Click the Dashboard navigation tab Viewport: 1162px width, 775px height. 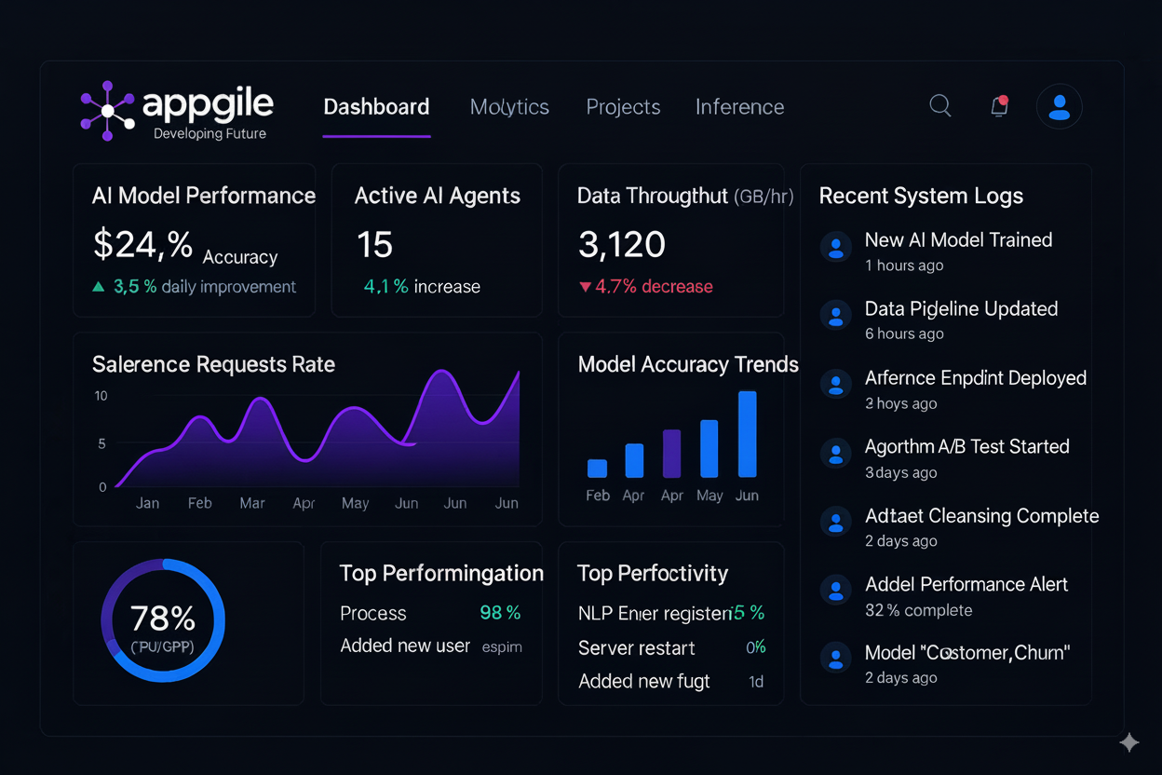tap(376, 107)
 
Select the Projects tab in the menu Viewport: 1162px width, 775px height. tap(623, 107)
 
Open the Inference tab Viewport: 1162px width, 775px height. tap(739, 107)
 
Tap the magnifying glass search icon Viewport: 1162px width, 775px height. tap(940, 105)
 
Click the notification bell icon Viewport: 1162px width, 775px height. tap(999, 106)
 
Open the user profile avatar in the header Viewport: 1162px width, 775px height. tap(1059, 106)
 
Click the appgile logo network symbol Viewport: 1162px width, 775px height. tap(107, 111)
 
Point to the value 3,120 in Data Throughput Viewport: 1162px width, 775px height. tap(621, 245)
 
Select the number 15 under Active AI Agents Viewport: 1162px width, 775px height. tap(374, 245)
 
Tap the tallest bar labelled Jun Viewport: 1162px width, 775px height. tap(747, 434)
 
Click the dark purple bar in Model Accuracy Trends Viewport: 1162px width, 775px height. tap(671, 454)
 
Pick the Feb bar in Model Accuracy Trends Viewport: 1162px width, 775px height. tap(597, 468)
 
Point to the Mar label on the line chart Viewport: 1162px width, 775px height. tap(252, 503)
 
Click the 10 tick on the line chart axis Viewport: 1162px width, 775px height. tap(101, 396)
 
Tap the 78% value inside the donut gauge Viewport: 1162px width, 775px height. tap(163, 619)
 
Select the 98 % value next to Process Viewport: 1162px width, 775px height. tap(500, 613)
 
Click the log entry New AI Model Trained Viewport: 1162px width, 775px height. tap(958, 240)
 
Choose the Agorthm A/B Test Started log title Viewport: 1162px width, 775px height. tap(966, 447)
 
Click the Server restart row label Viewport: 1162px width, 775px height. tap(636, 648)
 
